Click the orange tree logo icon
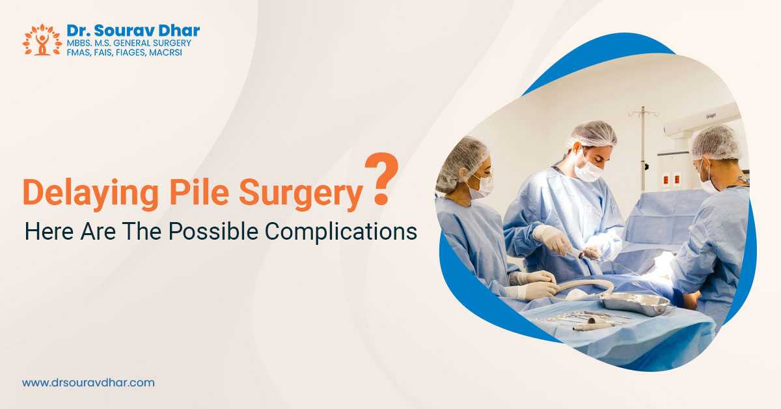42,40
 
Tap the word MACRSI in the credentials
165,53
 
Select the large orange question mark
381,178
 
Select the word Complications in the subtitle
340,231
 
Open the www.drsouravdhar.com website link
89,383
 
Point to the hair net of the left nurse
461,162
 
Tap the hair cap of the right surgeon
715,143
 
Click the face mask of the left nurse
482,187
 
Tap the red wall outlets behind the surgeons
672,180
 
